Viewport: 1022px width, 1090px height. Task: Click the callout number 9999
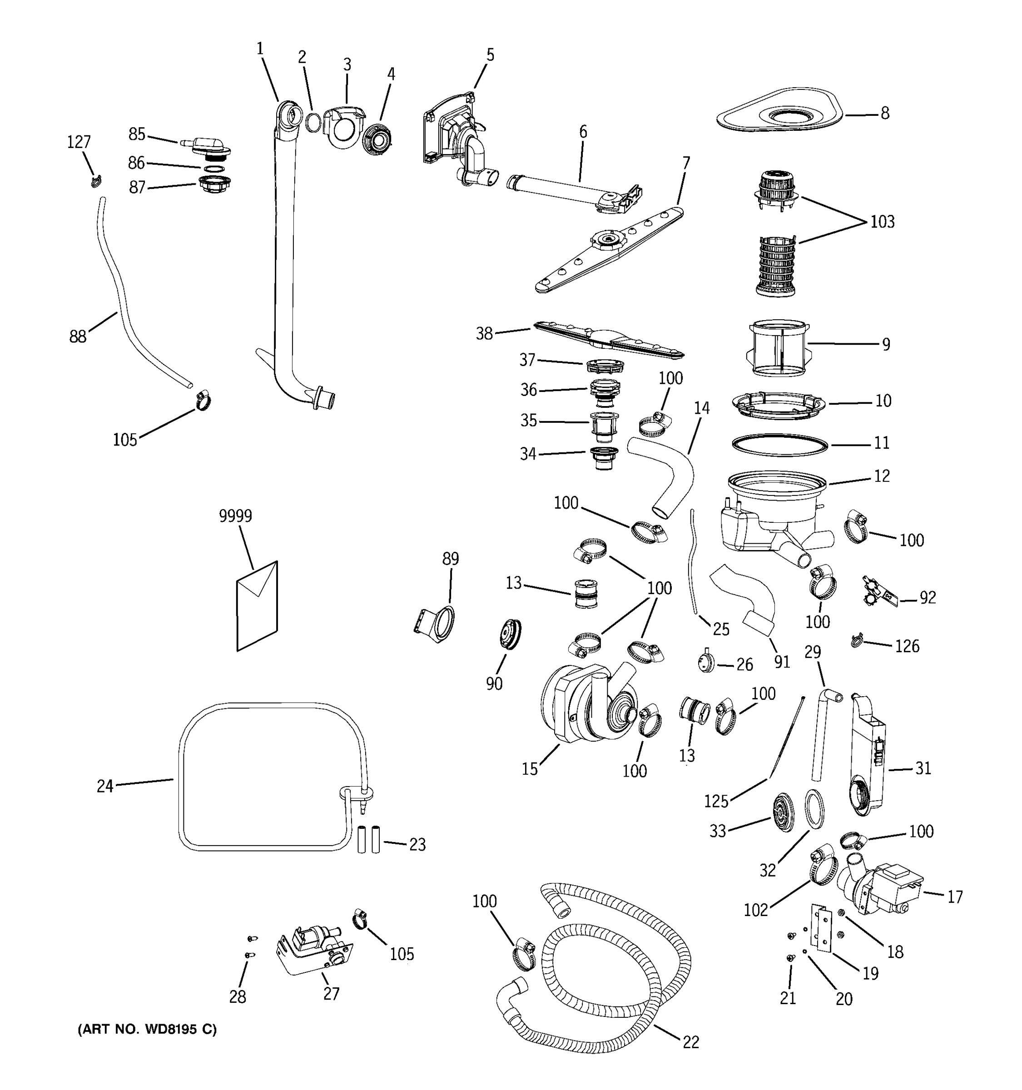point(235,516)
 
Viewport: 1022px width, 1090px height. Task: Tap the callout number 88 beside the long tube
point(78,337)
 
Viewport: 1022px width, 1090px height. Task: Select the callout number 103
point(882,222)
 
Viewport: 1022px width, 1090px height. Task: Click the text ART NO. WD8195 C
point(147,1030)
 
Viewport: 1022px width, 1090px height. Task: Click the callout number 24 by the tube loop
point(105,786)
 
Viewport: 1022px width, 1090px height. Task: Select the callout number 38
point(484,333)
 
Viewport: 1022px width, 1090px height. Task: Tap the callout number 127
point(79,143)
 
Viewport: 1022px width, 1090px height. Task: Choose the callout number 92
point(927,598)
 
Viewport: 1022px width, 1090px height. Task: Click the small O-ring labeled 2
point(313,124)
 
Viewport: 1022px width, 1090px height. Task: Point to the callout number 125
point(715,802)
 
